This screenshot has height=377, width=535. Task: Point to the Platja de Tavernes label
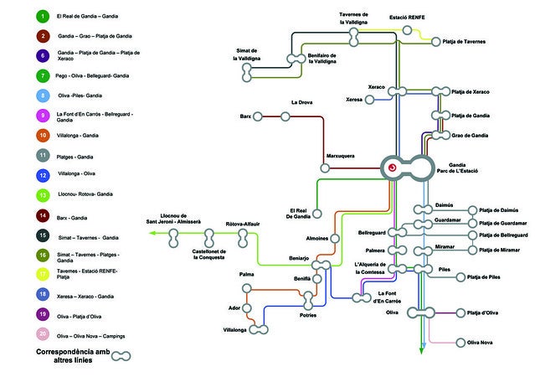coord(476,41)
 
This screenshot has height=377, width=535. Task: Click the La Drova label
coord(301,103)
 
